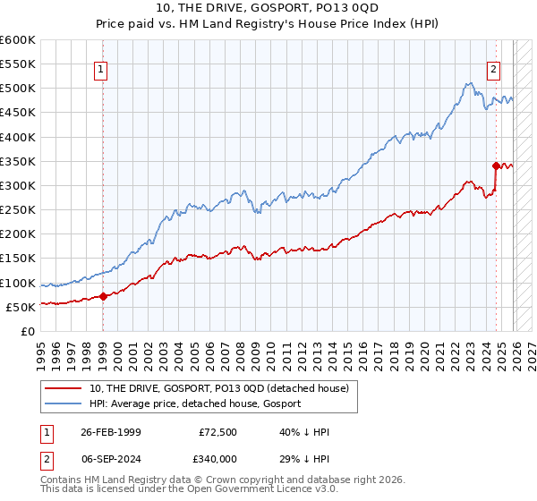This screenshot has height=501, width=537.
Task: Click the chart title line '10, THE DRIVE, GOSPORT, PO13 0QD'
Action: (268, 9)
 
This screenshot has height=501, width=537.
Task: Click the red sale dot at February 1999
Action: (102, 296)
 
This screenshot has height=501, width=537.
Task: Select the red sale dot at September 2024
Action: (496, 166)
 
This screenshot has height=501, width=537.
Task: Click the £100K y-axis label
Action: (18, 283)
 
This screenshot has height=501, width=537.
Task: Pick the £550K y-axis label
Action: (18, 64)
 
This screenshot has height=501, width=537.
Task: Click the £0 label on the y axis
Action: (27, 331)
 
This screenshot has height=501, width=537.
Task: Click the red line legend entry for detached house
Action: (224, 387)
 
